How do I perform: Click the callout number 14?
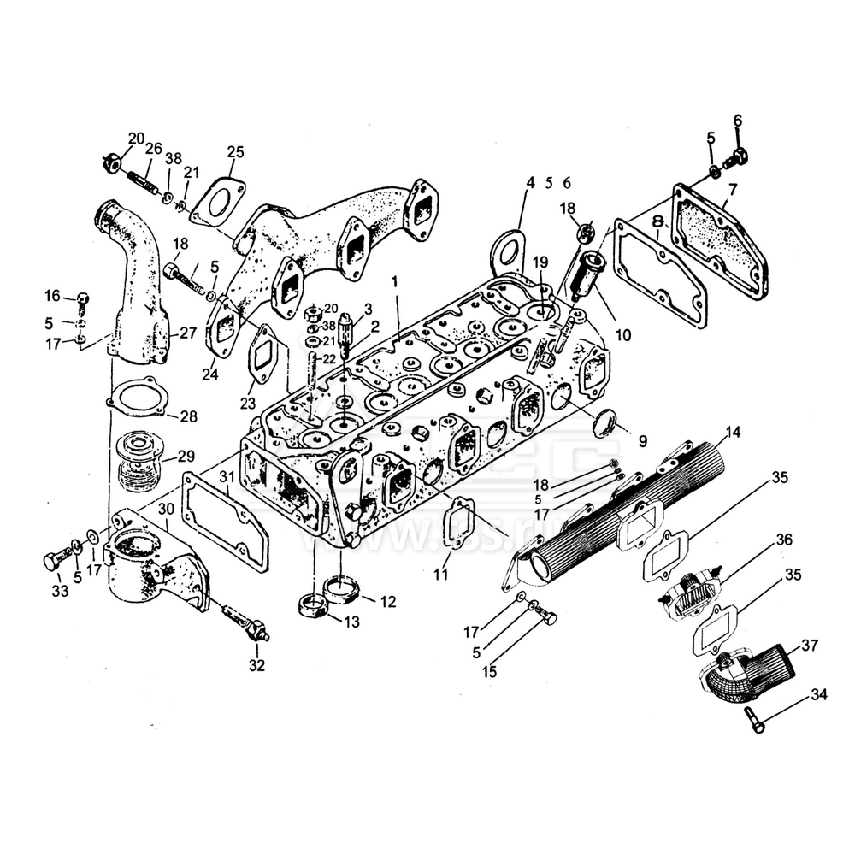[x=730, y=431]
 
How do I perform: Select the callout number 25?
[x=235, y=152]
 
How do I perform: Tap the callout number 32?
[x=256, y=664]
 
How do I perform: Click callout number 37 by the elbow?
[x=808, y=644]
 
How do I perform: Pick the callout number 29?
[x=186, y=456]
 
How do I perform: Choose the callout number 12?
[x=387, y=602]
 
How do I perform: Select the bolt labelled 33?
[x=56, y=562]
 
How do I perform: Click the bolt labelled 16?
[x=82, y=300]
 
